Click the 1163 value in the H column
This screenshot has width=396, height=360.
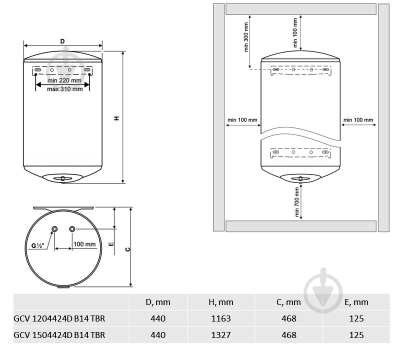[221, 318]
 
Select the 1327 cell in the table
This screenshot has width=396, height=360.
[221, 334]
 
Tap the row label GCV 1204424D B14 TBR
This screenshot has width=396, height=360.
[59, 318]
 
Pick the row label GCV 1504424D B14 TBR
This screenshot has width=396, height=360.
[59, 334]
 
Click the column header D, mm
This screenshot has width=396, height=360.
[158, 302]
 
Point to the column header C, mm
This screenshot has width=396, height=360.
[288, 302]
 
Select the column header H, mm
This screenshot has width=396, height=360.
[221, 302]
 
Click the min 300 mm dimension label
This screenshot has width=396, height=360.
[246, 37]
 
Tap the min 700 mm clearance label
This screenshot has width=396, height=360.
[296, 202]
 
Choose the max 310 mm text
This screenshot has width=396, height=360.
[65, 89]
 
